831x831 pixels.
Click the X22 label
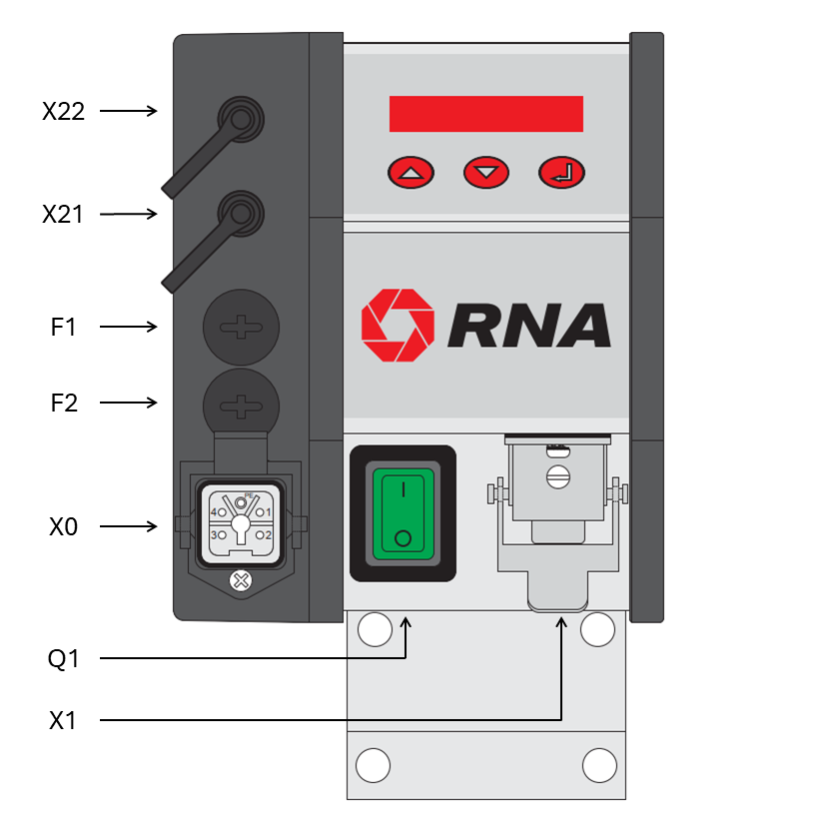[63, 111]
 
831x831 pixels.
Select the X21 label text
[63, 214]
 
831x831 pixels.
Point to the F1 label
[63, 327]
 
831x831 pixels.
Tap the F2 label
[64, 403]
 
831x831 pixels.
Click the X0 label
[63, 526]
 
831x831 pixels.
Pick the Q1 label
[63, 659]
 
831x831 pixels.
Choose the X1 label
[62, 721]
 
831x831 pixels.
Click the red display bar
[486, 114]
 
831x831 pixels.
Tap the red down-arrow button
[486, 172]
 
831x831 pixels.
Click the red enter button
[561, 172]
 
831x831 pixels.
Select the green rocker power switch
[403, 513]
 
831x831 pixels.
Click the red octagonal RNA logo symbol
[398, 325]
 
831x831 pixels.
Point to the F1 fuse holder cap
[241, 327]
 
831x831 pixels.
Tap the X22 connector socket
[241, 119]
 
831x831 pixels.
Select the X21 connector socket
[241, 214]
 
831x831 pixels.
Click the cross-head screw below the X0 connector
[241, 581]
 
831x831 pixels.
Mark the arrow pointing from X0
[128, 526]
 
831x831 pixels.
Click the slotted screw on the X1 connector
[558, 477]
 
